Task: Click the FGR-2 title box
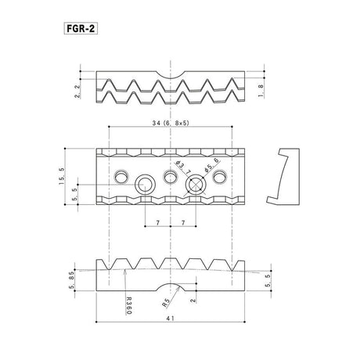coord(81,29)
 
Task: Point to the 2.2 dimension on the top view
coord(77,92)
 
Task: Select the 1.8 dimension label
coord(261,91)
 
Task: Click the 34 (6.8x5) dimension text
coord(171,123)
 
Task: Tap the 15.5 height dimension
coord(62,177)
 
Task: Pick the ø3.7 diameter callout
coord(183,168)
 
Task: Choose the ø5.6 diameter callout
coord(211,165)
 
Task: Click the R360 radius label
coord(129,305)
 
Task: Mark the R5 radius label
coord(166,303)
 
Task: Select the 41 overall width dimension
coord(170,319)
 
